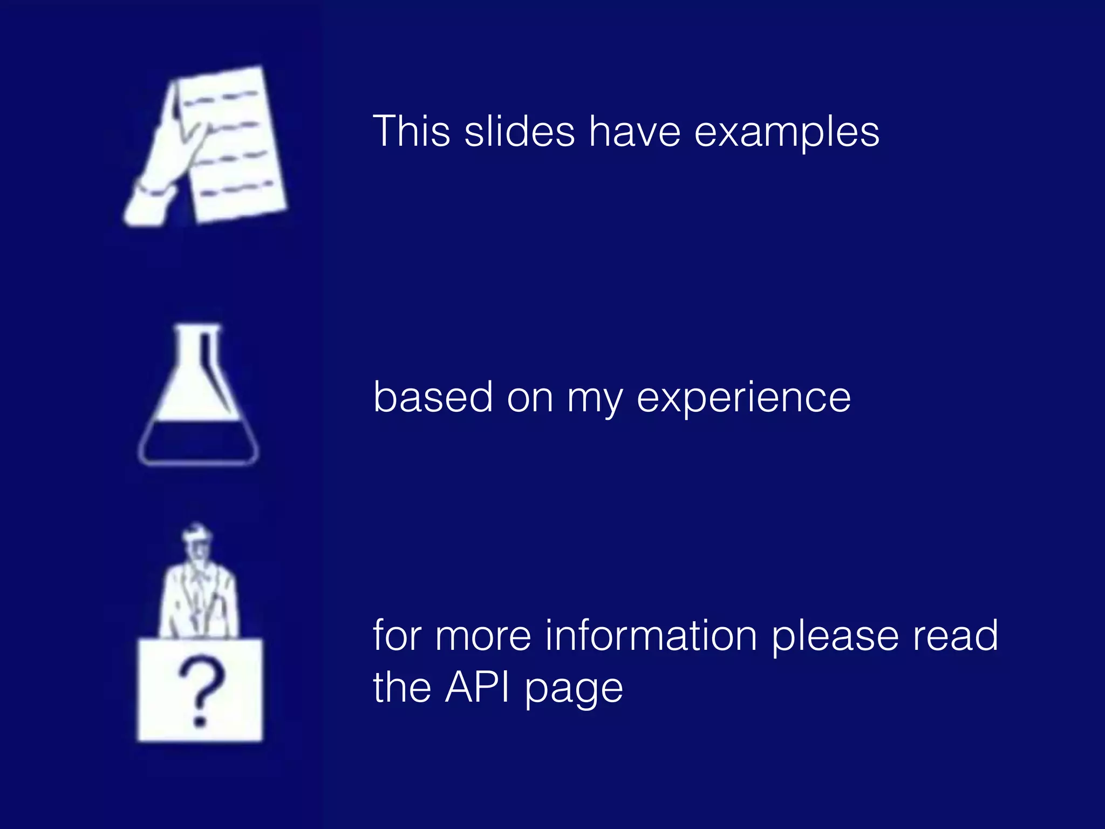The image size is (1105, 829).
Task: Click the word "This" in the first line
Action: pos(411,131)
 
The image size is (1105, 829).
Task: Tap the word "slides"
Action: pos(520,131)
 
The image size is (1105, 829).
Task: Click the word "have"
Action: pos(635,131)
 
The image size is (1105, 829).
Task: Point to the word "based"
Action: pos(433,397)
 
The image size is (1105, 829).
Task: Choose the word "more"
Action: pos(483,636)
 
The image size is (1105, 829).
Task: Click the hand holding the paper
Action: pos(162,162)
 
